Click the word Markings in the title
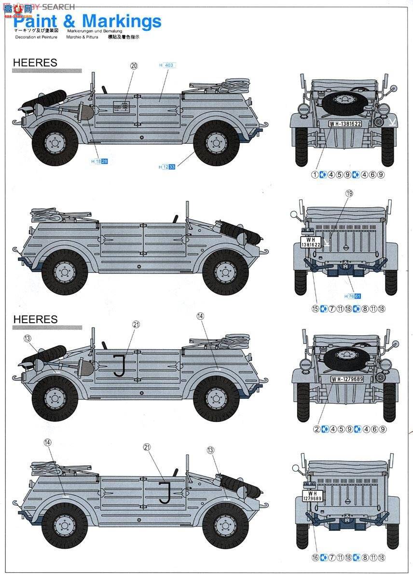(x=122, y=22)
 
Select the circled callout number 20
(x=134, y=66)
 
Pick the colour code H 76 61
(x=353, y=296)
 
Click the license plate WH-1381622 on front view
(x=345, y=124)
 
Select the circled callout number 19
(x=349, y=193)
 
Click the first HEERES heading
(x=35, y=63)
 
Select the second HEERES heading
(x=35, y=319)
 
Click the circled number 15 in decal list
(x=316, y=309)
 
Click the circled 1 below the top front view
(x=315, y=174)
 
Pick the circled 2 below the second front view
(x=317, y=429)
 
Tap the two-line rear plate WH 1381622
(x=310, y=242)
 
